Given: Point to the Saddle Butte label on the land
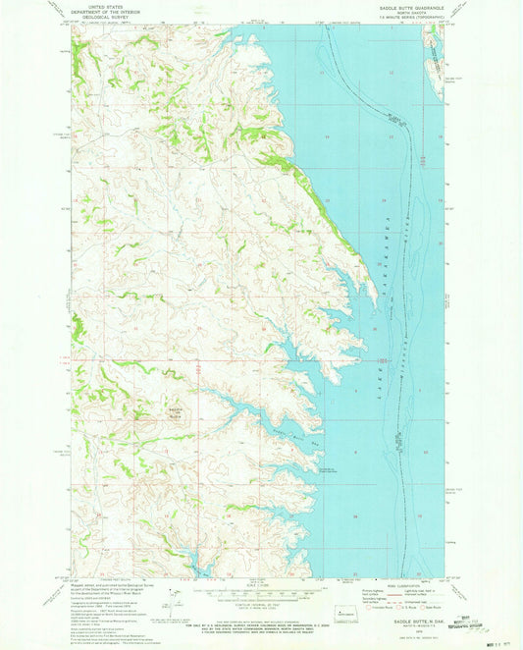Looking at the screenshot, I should pos(176,410).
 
